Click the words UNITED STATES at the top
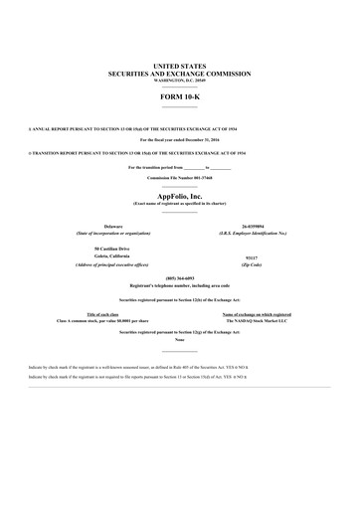coord(180,65)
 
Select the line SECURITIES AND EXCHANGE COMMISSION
coord(180,74)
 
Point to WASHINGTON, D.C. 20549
coord(180,81)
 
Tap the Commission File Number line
coord(180,177)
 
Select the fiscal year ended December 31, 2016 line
coord(180,142)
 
